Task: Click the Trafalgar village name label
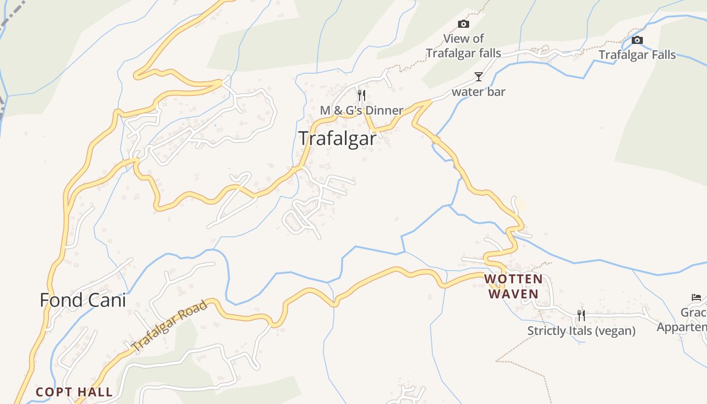pyautogui.click(x=337, y=138)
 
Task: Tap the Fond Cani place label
pyautogui.click(x=83, y=300)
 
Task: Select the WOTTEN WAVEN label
pyautogui.click(x=514, y=286)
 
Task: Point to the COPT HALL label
pyautogui.click(x=74, y=392)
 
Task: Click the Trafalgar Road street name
pyautogui.click(x=170, y=326)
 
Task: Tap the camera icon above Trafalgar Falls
pyautogui.click(x=637, y=40)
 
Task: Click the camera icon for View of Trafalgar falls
pyautogui.click(x=463, y=24)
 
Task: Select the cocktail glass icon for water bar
pyautogui.click(x=478, y=77)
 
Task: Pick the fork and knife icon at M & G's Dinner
pyautogui.click(x=361, y=95)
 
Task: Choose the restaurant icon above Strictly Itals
pyautogui.click(x=581, y=316)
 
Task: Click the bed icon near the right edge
pyautogui.click(x=696, y=297)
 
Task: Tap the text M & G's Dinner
pyautogui.click(x=362, y=110)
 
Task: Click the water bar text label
pyautogui.click(x=478, y=92)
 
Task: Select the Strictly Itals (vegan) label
pyautogui.click(x=581, y=331)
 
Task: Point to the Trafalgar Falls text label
pyautogui.click(x=637, y=55)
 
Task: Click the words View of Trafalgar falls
pyautogui.click(x=463, y=46)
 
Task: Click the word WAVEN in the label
pyautogui.click(x=514, y=293)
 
